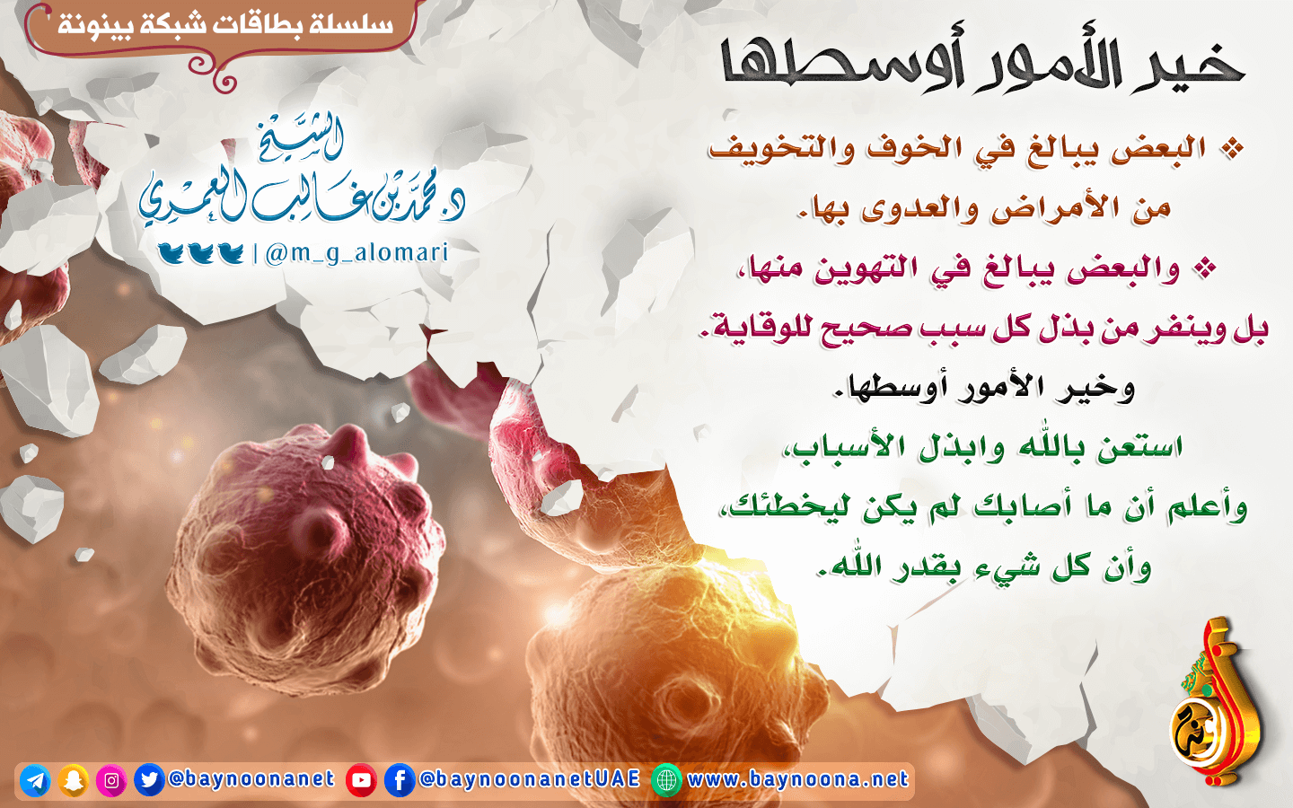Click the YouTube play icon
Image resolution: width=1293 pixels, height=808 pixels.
[x=361, y=780]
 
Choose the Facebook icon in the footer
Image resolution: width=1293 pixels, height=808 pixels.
[x=400, y=780]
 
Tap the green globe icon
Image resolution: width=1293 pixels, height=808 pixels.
[x=666, y=780]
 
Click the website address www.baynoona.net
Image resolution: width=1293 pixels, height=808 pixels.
[x=798, y=779]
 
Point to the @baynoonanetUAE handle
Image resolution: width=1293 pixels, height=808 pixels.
[x=530, y=779]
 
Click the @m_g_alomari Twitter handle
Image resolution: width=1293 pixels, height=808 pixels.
[x=356, y=253]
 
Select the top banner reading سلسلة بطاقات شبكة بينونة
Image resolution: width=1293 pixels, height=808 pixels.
[x=225, y=25]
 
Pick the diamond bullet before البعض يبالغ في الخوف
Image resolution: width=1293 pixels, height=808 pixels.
[x=1232, y=149]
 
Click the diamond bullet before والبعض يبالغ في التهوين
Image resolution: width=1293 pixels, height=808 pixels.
[x=1205, y=269]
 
